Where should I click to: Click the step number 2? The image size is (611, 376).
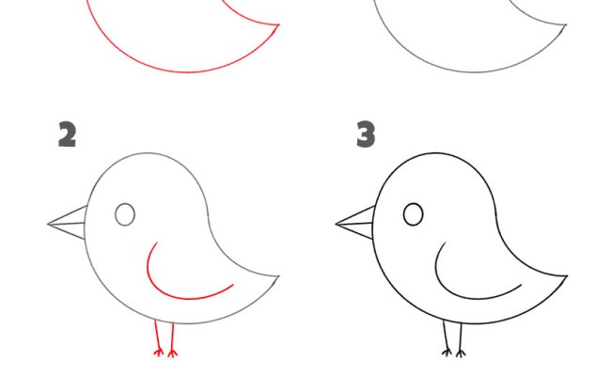tap(67, 134)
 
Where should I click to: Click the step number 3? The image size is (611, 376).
tap(366, 134)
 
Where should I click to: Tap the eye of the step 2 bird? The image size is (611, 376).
tap(125, 214)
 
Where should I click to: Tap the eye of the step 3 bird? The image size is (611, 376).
tap(413, 214)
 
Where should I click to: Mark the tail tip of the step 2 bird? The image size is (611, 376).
tap(279, 276)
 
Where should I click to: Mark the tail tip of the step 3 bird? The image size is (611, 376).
tap(567, 276)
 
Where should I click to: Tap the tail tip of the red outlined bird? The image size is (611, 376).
tap(279, 24)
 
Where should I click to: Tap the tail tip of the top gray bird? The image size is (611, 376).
tap(566, 24)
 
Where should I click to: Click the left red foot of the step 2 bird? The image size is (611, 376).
tap(158, 352)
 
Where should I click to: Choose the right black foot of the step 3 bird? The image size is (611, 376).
tap(461, 353)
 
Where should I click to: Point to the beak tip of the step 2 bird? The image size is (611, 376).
tap(48, 224)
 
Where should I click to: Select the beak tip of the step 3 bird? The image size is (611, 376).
tap(336, 224)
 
